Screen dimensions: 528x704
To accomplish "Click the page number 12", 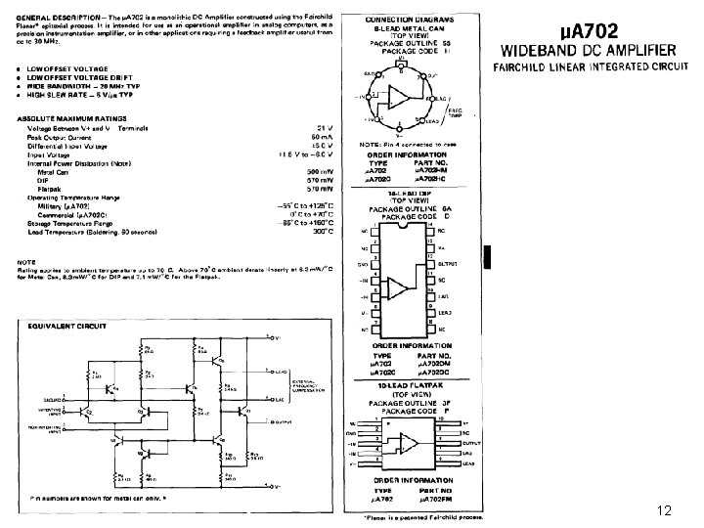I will click(x=664, y=509).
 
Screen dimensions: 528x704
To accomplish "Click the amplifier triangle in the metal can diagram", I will click(x=400, y=97).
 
